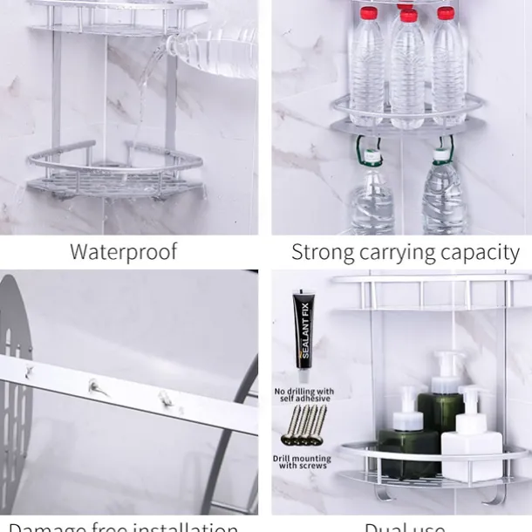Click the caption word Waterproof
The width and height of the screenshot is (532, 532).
pyautogui.click(x=123, y=253)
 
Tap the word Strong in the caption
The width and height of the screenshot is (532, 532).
pyautogui.click(x=322, y=253)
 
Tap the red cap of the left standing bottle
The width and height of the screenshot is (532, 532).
pyautogui.click(x=367, y=12)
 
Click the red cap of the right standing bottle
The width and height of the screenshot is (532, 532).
pyautogui.click(x=446, y=12)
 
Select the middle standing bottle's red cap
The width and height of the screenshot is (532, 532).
pyautogui.click(x=406, y=14)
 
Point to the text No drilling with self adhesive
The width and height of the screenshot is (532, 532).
pyautogui.click(x=304, y=395)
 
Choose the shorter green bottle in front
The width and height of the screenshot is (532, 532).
pyautogui.click(x=407, y=445)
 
